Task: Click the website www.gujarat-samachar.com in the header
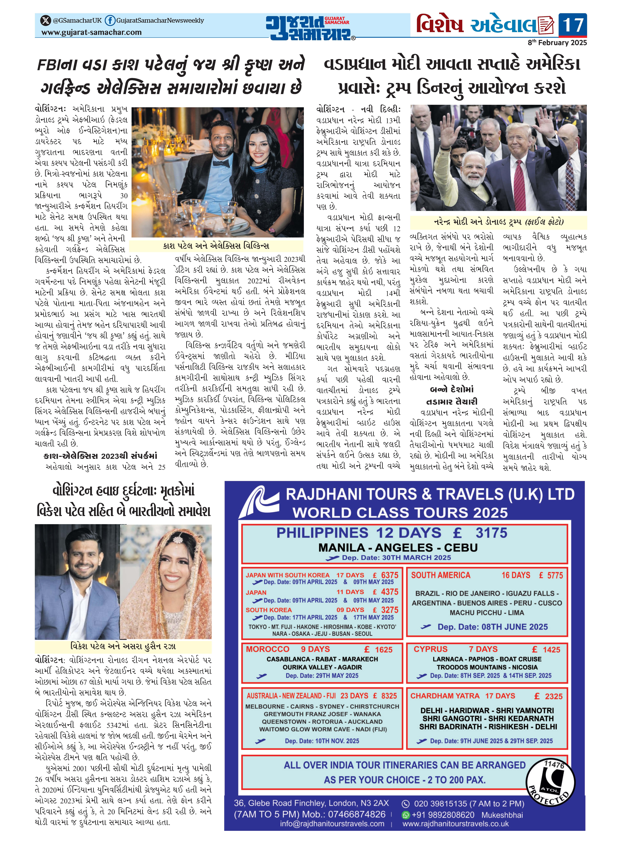coord(91,32)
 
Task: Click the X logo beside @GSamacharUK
coord(46,20)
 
